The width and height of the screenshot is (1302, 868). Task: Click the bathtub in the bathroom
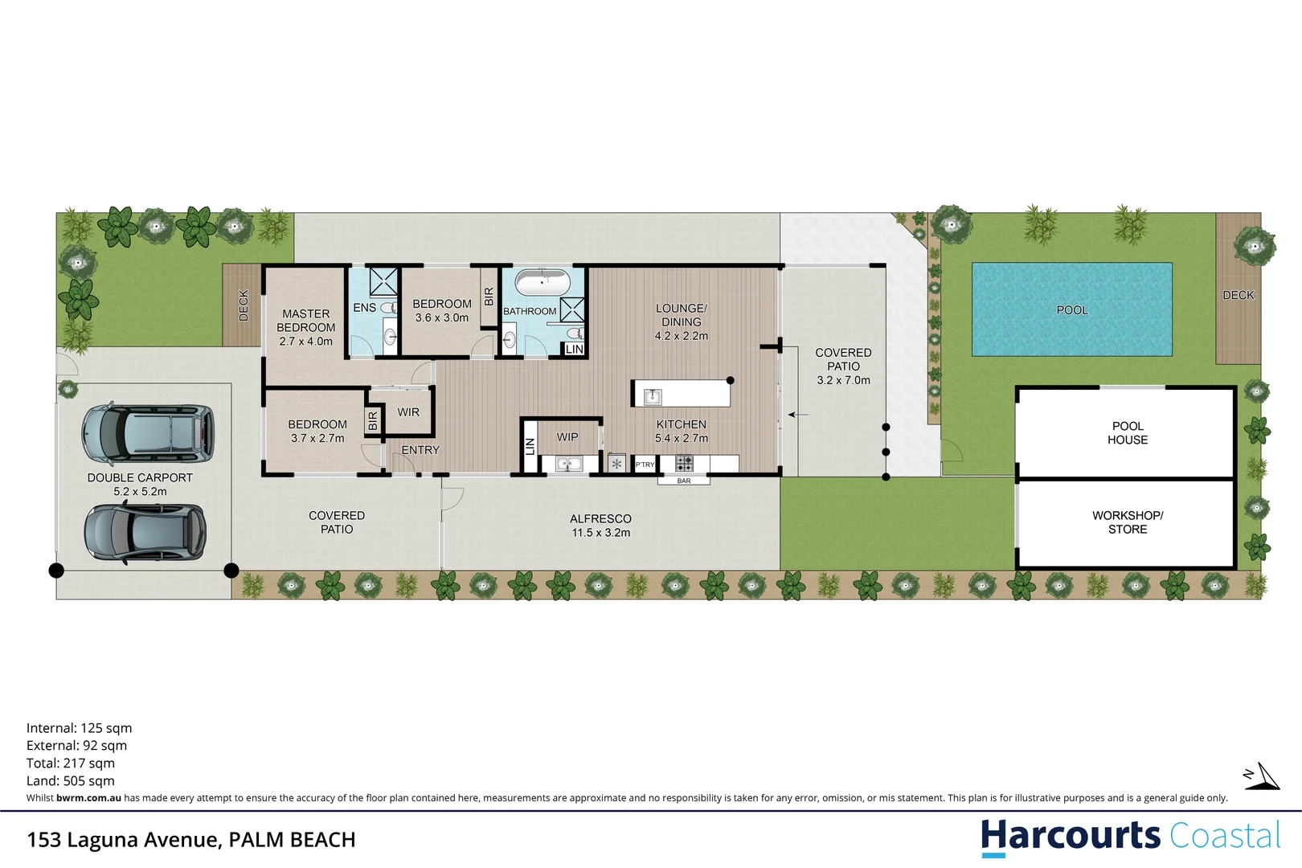(542, 283)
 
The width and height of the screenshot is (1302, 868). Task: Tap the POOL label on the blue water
(1072, 310)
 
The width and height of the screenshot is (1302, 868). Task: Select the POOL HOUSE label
(1128, 433)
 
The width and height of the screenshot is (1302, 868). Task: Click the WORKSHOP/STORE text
(1128, 522)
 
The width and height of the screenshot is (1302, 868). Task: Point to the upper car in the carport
(148, 433)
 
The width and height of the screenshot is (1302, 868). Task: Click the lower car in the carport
(145, 532)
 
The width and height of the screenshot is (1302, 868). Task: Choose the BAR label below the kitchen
(684, 481)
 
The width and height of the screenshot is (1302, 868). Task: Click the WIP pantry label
(567, 437)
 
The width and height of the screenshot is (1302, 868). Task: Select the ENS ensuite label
(364, 308)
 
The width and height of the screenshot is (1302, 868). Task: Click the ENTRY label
(420, 450)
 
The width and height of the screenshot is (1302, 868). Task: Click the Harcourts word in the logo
(1070, 836)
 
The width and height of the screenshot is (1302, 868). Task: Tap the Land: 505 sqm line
(71, 781)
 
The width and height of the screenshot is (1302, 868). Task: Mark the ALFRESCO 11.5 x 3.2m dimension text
(600, 533)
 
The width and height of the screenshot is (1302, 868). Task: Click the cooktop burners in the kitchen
(684, 464)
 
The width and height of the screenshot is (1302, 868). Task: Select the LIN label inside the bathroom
(574, 349)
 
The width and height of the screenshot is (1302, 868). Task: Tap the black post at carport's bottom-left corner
(56, 571)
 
